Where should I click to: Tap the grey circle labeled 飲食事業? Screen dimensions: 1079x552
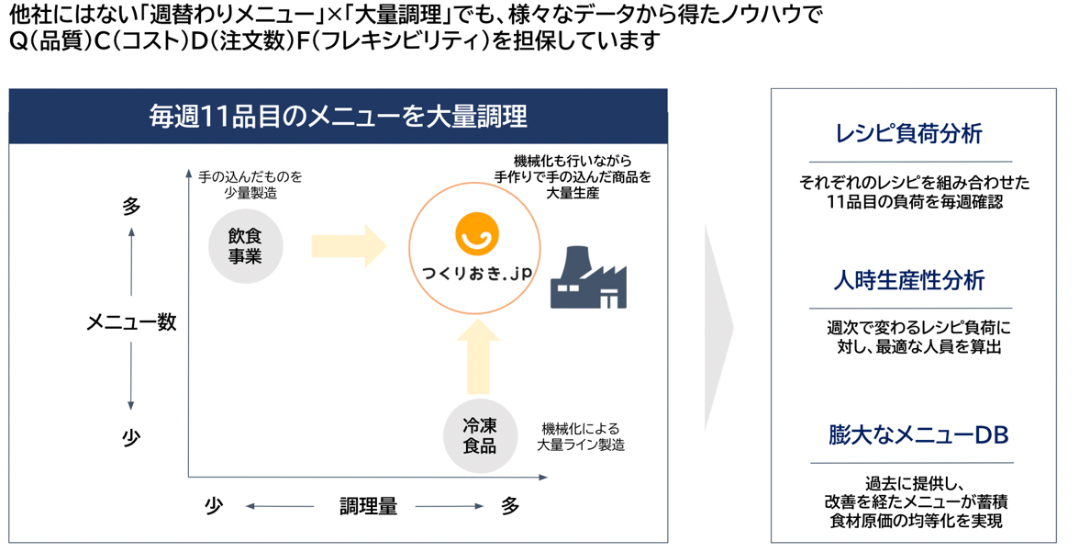pos(245,246)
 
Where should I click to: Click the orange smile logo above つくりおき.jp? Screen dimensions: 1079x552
pos(479,231)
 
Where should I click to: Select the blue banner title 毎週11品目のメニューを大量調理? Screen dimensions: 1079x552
pos(338,117)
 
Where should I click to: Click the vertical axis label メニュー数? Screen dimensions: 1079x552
pos(131,322)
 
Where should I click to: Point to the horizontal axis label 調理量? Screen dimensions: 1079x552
pos(368,506)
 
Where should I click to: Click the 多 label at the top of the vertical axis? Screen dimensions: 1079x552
pos(131,208)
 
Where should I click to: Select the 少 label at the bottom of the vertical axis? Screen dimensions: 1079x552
pos(131,438)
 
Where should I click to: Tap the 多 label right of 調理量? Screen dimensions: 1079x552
pos(510,506)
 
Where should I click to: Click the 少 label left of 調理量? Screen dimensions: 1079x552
pos(213,506)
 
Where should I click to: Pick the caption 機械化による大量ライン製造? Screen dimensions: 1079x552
pos(581,436)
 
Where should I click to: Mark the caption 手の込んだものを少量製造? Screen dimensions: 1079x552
pos(250,184)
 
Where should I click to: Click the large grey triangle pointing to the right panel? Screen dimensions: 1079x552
pos(718,328)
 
